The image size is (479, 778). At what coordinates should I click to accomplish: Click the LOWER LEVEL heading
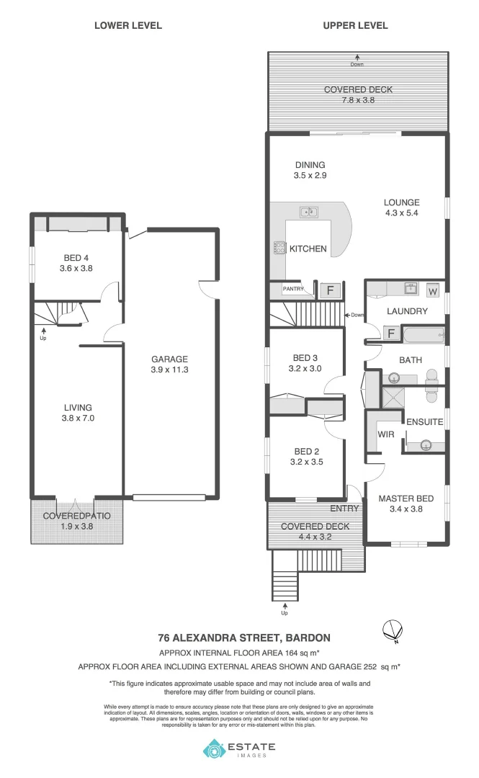(128, 25)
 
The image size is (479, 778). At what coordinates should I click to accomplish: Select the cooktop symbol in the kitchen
(278, 248)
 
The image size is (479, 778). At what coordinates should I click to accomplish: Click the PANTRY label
(292, 289)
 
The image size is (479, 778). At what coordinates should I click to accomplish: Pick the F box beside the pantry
(331, 290)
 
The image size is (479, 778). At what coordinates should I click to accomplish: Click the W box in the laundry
(433, 291)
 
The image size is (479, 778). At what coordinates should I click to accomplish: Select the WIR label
(386, 434)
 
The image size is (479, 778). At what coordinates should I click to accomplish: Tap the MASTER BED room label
(406, 498)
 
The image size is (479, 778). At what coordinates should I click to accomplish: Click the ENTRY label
(344, 509)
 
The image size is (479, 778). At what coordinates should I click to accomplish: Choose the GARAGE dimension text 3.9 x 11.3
(169, 370)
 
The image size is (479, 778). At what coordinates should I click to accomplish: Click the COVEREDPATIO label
(77, 516)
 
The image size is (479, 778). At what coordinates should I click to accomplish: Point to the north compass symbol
(390, 630)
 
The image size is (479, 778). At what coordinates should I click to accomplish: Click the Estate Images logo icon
(214, 749)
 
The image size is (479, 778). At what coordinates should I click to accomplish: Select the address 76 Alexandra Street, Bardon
(244, 638)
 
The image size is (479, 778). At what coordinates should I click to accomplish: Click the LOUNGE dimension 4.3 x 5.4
(401, 213)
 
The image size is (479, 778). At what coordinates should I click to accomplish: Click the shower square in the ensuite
(393, 398)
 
